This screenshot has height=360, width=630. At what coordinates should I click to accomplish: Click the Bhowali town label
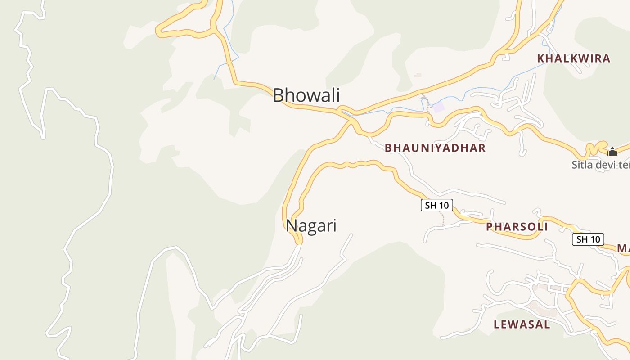306,95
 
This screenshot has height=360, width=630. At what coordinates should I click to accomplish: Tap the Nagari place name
311,225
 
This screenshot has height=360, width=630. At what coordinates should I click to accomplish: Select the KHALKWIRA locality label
574,58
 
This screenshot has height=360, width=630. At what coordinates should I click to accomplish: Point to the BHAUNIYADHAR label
435,148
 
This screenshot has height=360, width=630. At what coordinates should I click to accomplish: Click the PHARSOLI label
517,227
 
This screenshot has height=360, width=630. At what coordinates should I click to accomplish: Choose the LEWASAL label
522,324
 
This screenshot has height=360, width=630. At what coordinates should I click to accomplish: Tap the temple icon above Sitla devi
612,152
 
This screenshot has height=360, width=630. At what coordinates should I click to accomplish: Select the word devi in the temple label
607,165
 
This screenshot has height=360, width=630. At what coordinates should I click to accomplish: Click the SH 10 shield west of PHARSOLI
436,206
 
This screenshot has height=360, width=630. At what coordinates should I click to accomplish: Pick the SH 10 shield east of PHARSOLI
588,239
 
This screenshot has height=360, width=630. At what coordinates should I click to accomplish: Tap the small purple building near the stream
438,107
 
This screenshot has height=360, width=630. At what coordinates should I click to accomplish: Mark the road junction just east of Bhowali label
346,112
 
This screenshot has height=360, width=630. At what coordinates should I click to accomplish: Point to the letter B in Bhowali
278,95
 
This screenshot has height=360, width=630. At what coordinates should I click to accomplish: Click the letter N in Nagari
291,225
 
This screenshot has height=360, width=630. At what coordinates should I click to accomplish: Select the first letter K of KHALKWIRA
540,58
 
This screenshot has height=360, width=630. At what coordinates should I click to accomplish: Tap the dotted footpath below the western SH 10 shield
443,220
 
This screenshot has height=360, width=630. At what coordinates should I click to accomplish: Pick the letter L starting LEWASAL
496,324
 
